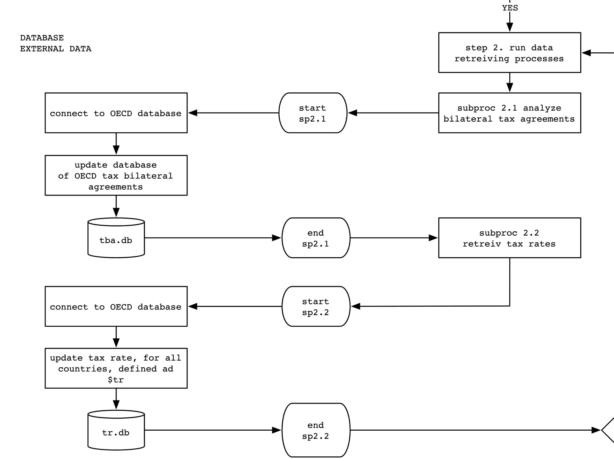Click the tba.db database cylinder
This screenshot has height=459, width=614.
116,240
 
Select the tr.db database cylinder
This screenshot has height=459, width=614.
116,432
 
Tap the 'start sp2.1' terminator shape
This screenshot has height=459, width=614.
313,113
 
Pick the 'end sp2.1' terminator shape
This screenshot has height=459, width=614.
316,238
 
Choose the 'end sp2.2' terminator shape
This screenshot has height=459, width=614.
316,430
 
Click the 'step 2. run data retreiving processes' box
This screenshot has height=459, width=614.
510,53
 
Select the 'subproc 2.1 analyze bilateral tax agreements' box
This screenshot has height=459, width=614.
510,113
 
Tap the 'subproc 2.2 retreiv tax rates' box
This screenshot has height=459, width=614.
510,238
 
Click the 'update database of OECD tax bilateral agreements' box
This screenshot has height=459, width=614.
116,175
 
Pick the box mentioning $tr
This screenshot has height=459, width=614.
116,368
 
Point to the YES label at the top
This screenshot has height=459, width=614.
510,8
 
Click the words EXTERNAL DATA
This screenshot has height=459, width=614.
56,49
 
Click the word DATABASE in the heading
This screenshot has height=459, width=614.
42,38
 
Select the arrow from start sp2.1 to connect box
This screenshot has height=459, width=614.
233,113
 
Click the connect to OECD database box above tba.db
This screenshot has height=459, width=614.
116,113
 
